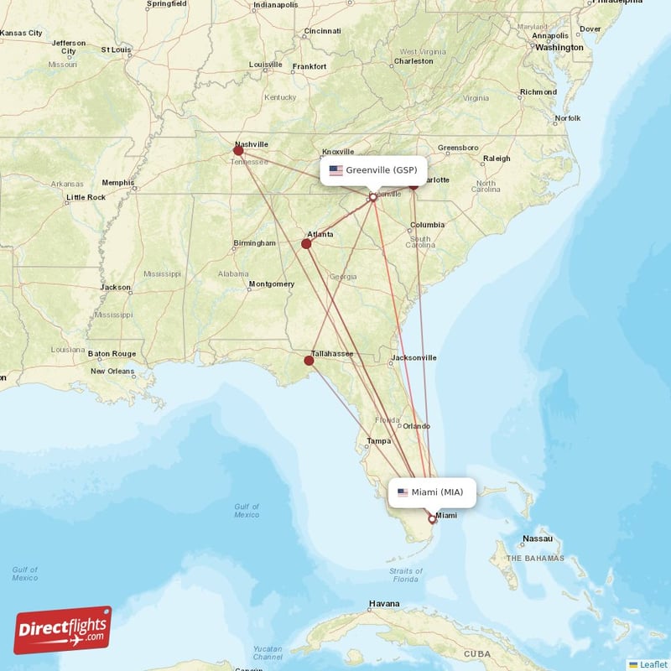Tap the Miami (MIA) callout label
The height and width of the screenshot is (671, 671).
(432, 492)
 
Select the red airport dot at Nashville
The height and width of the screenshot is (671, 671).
(238, 151)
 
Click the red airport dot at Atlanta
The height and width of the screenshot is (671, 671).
(306, 244)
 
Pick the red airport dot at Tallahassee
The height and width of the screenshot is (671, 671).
(309, 361)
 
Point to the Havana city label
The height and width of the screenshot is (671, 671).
(384, 604)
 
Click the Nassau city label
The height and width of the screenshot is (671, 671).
(537, 538)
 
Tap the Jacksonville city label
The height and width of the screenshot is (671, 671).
(414, 357)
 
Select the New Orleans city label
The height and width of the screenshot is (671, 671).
(112, 371)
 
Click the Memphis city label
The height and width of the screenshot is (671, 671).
(117, 182)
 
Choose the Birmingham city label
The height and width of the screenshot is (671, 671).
(254, 243)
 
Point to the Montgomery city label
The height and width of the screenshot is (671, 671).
(272, 284)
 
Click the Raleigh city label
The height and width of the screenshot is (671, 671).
(496, 159)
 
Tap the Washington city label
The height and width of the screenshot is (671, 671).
(559, 48)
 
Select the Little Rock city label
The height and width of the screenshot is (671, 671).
(86, 197)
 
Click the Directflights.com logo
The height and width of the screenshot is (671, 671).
(63, 630)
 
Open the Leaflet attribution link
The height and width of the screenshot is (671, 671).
(653, 663)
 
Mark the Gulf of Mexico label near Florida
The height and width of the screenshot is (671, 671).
(247, 510)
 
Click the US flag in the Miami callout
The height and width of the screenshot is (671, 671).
(403, 492)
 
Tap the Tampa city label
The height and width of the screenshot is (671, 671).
(378, 440)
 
